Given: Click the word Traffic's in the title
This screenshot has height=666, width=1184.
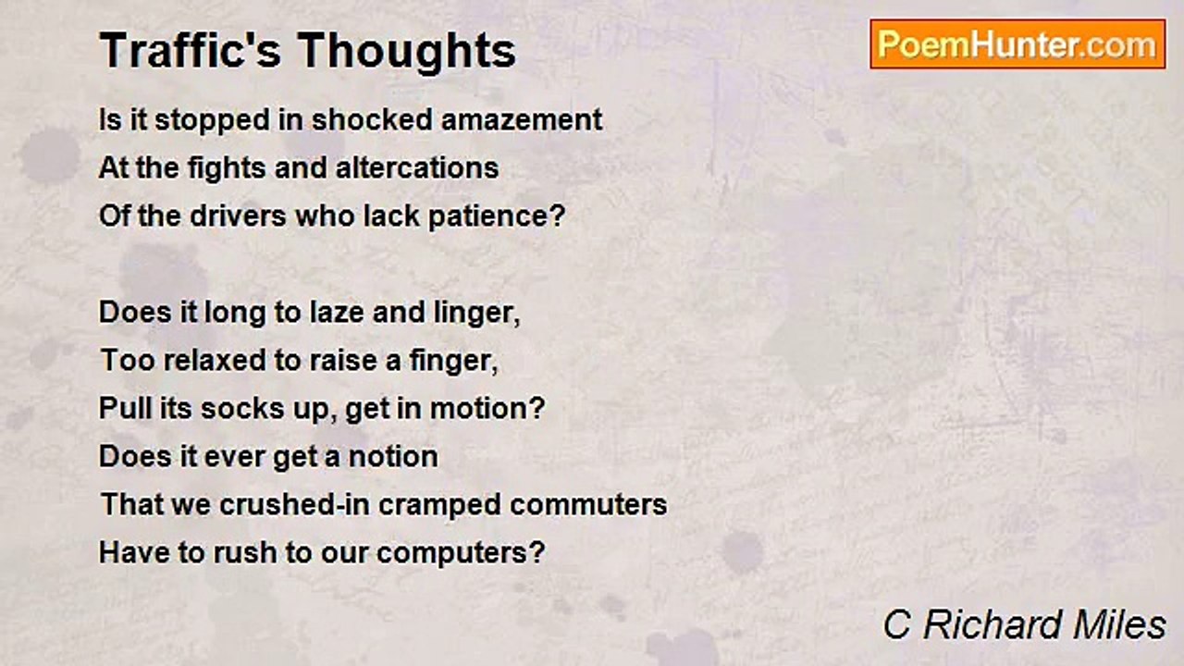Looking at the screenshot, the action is pyautogui.click(x=191, y=50).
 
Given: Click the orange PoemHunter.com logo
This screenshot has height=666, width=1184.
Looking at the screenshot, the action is pyautogui.click(x=1017, y=44).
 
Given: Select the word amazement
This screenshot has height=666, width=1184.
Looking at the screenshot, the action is pyautogui.click(x=522, y=120).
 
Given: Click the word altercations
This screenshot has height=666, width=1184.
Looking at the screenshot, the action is pyautogui.click(x=417, y=168).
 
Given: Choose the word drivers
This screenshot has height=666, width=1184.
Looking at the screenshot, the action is pyautogui.click(x=238, y=216).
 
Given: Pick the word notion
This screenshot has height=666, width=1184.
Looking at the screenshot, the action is pyautogui.click(x=393, y=457).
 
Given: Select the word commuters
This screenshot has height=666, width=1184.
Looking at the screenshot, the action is pyautogui.click(x=588, y=505).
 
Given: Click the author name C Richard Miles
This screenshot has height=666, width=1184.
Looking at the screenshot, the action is pyautogui.click(x=1024, y=625).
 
